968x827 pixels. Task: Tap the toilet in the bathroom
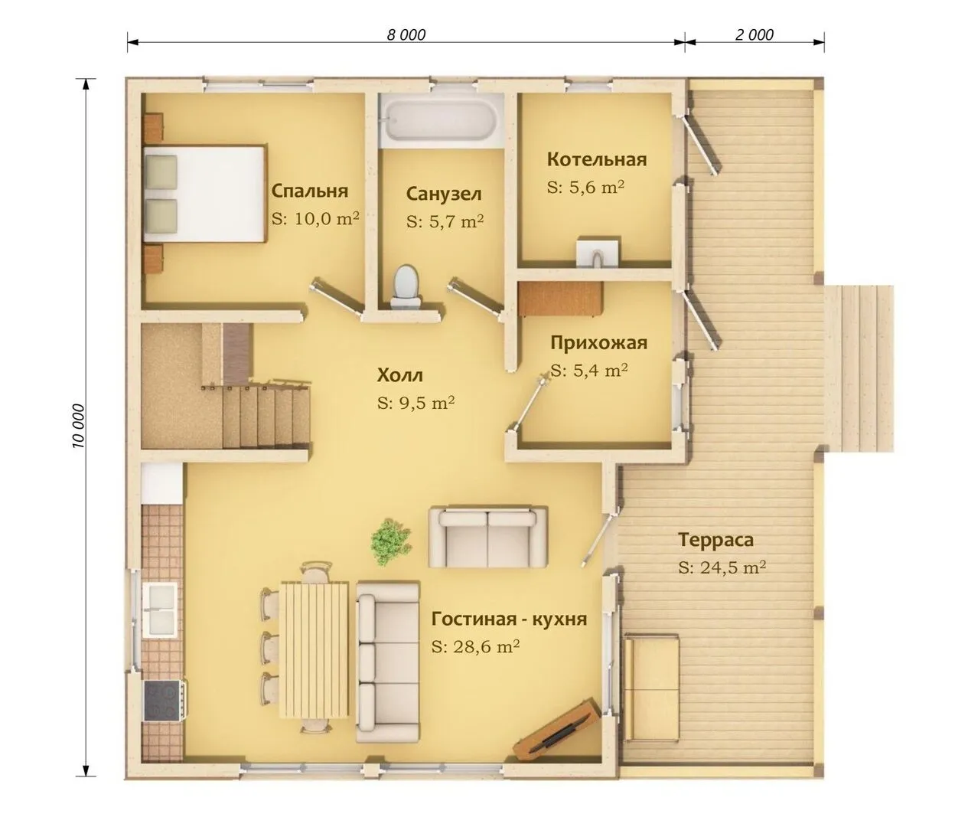pyautogui.click(x=406, y=286)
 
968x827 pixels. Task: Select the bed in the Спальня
pyautogui.click(x=205, y=194)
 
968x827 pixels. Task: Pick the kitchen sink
pyautogui.click(x=160, y=610)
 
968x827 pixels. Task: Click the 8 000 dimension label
pyautogui.click(x=406, y=34)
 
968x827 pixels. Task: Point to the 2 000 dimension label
pyautogui.click(x=754, y=34)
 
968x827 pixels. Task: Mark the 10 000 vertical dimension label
pyautogui.click(x=79, y=426)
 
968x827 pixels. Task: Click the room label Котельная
pyautogui.click(x=597, y=159)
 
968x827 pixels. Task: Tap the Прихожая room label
pyautogui.click(x=599, y=343)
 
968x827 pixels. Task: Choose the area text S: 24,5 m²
pyautogui.click(x=722, y=567)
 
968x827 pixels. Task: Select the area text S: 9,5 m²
pyautogui.click(x=416, y=403)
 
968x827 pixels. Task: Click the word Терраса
pyautogui.click(x=716, y=540)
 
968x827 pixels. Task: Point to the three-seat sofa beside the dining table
pyautogui.click(x=388, y=662)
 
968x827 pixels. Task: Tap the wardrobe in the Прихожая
pyautogui.click(x=560, y=299)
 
